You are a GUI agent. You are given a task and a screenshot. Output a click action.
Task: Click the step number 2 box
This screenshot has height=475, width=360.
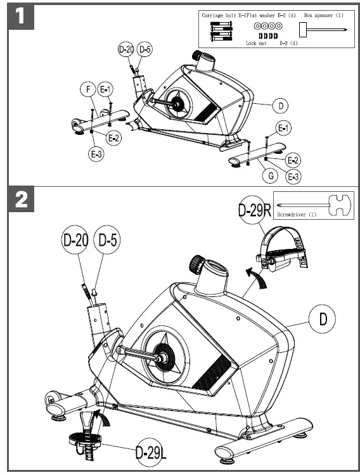click(21, 201)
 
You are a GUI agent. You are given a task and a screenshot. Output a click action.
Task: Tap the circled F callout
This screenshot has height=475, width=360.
click(89, 90)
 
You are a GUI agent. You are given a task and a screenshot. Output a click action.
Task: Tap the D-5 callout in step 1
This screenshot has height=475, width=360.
click(145, 49)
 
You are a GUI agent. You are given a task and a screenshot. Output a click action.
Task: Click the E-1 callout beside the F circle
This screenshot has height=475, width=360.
click(106, 90)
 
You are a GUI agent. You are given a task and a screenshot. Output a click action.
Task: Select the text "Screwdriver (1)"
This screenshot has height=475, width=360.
click(296, 215)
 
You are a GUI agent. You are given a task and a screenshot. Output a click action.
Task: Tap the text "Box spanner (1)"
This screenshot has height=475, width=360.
click(323, 14)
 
